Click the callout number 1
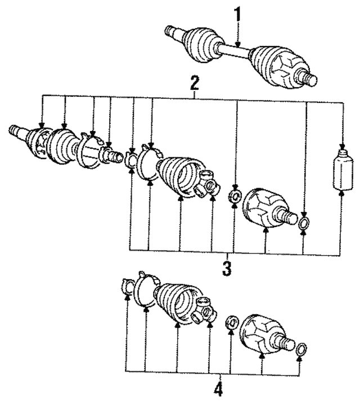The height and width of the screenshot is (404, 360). (x=237, y=15)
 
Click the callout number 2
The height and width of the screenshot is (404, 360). (x=194, y=83)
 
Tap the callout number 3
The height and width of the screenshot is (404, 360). (x=227, y=269)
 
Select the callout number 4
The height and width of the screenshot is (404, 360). (x=218, y=389)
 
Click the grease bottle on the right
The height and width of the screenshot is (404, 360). (x=342, y=170)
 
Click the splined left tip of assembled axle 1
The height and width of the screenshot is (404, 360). (x=170, y=30)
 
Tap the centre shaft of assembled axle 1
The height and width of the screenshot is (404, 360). (x=235, y=51)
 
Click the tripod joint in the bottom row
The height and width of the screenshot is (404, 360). (x=204, y=311)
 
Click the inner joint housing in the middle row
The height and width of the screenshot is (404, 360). (x=268, y=209)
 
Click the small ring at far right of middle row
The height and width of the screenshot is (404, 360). (x=304, y=223)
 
